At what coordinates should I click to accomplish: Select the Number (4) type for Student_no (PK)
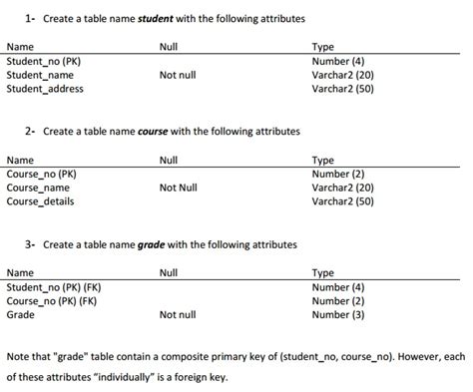pos(338,61)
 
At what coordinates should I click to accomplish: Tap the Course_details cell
pos(40,200)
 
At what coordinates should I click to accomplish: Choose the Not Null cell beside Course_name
pos(179,188)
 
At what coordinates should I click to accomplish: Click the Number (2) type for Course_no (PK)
pos(338,174)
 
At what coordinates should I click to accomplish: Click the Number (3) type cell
pos(338,315)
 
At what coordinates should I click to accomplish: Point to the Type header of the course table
pos(323,160)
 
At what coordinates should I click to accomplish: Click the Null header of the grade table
pos(169,272)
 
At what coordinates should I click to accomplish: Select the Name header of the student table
pos(20,47)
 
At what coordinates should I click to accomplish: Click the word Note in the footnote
pos(18,356)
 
